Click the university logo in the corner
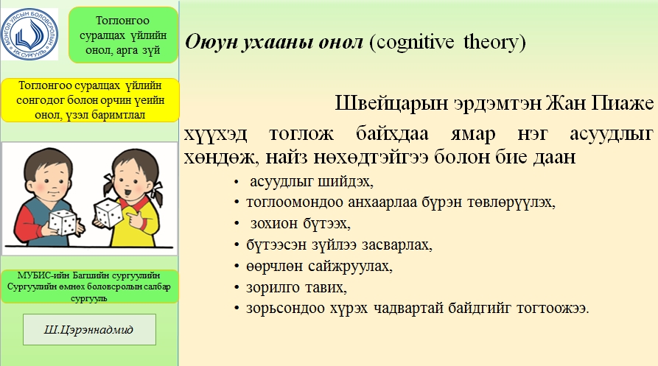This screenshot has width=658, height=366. [29, 34]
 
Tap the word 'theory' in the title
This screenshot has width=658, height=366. [491, 42]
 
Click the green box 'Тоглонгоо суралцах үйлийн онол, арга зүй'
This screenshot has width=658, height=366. [123, 35]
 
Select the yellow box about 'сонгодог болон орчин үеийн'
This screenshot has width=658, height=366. [90, 100]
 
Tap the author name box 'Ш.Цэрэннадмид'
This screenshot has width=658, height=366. [89, 329]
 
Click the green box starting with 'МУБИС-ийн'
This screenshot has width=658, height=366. [89, 286]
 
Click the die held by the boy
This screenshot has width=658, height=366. [63, 222]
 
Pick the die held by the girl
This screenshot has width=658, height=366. [108, 214]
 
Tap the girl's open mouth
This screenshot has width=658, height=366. [127, 192]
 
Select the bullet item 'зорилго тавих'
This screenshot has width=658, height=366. [296, 288]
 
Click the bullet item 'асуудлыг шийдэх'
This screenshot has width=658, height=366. [312, 182]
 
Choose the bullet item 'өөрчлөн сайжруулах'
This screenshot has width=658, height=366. [319, 267]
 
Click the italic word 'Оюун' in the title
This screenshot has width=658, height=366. [210, 42]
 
